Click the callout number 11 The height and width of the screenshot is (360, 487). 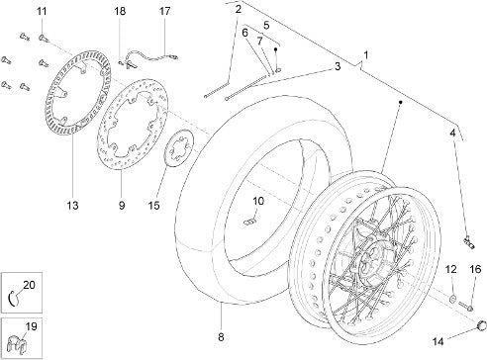42,12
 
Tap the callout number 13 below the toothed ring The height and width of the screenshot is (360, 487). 72,206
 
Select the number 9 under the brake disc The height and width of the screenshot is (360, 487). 122,206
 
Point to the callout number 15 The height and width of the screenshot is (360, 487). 154,206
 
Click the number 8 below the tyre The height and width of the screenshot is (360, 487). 221,337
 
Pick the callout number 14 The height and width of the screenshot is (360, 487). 438,341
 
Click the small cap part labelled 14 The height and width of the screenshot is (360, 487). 481,325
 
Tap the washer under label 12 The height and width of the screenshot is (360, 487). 453,299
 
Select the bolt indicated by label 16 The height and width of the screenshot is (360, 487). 465,307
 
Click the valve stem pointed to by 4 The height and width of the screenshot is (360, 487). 469,242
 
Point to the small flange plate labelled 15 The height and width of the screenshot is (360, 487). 180,149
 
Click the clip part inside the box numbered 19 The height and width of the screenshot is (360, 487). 19,343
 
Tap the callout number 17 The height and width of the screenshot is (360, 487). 164,12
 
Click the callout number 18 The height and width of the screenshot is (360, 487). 120,12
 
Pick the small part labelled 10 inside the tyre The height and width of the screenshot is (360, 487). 250,223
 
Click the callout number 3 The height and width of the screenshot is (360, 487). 338,66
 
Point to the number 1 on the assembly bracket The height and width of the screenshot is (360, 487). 365,55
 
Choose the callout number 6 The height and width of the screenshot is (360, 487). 244,33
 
